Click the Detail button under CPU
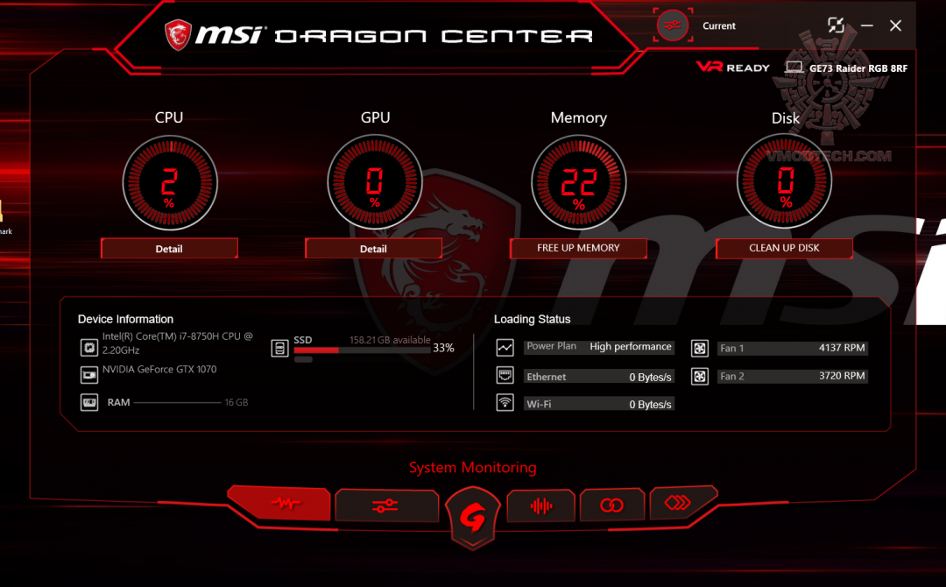[x=169, y=248]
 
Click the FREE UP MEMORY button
[x=578, y=248]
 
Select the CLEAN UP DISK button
[x=784, y=248]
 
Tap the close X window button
[x=895, y=25]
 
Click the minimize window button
[x=867, y=25]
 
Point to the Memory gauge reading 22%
[x=579, y=182]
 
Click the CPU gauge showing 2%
[x=170, y=182]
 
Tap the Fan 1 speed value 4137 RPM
[x=842, y=348]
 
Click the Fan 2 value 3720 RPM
[x=842, y=376]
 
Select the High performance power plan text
[x=631, y=346]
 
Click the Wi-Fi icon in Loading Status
[x=505, y=402]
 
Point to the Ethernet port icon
[x=505, y=375]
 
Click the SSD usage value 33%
[x=443, y=348]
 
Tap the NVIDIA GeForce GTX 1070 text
[x=159, y=369]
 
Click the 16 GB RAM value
[x=236, y=402]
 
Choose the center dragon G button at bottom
[x=472, y=517]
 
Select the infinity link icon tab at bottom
[x=611, y=505]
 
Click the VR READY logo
[x=732, y=67]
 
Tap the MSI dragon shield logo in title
[x=178, y=34]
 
